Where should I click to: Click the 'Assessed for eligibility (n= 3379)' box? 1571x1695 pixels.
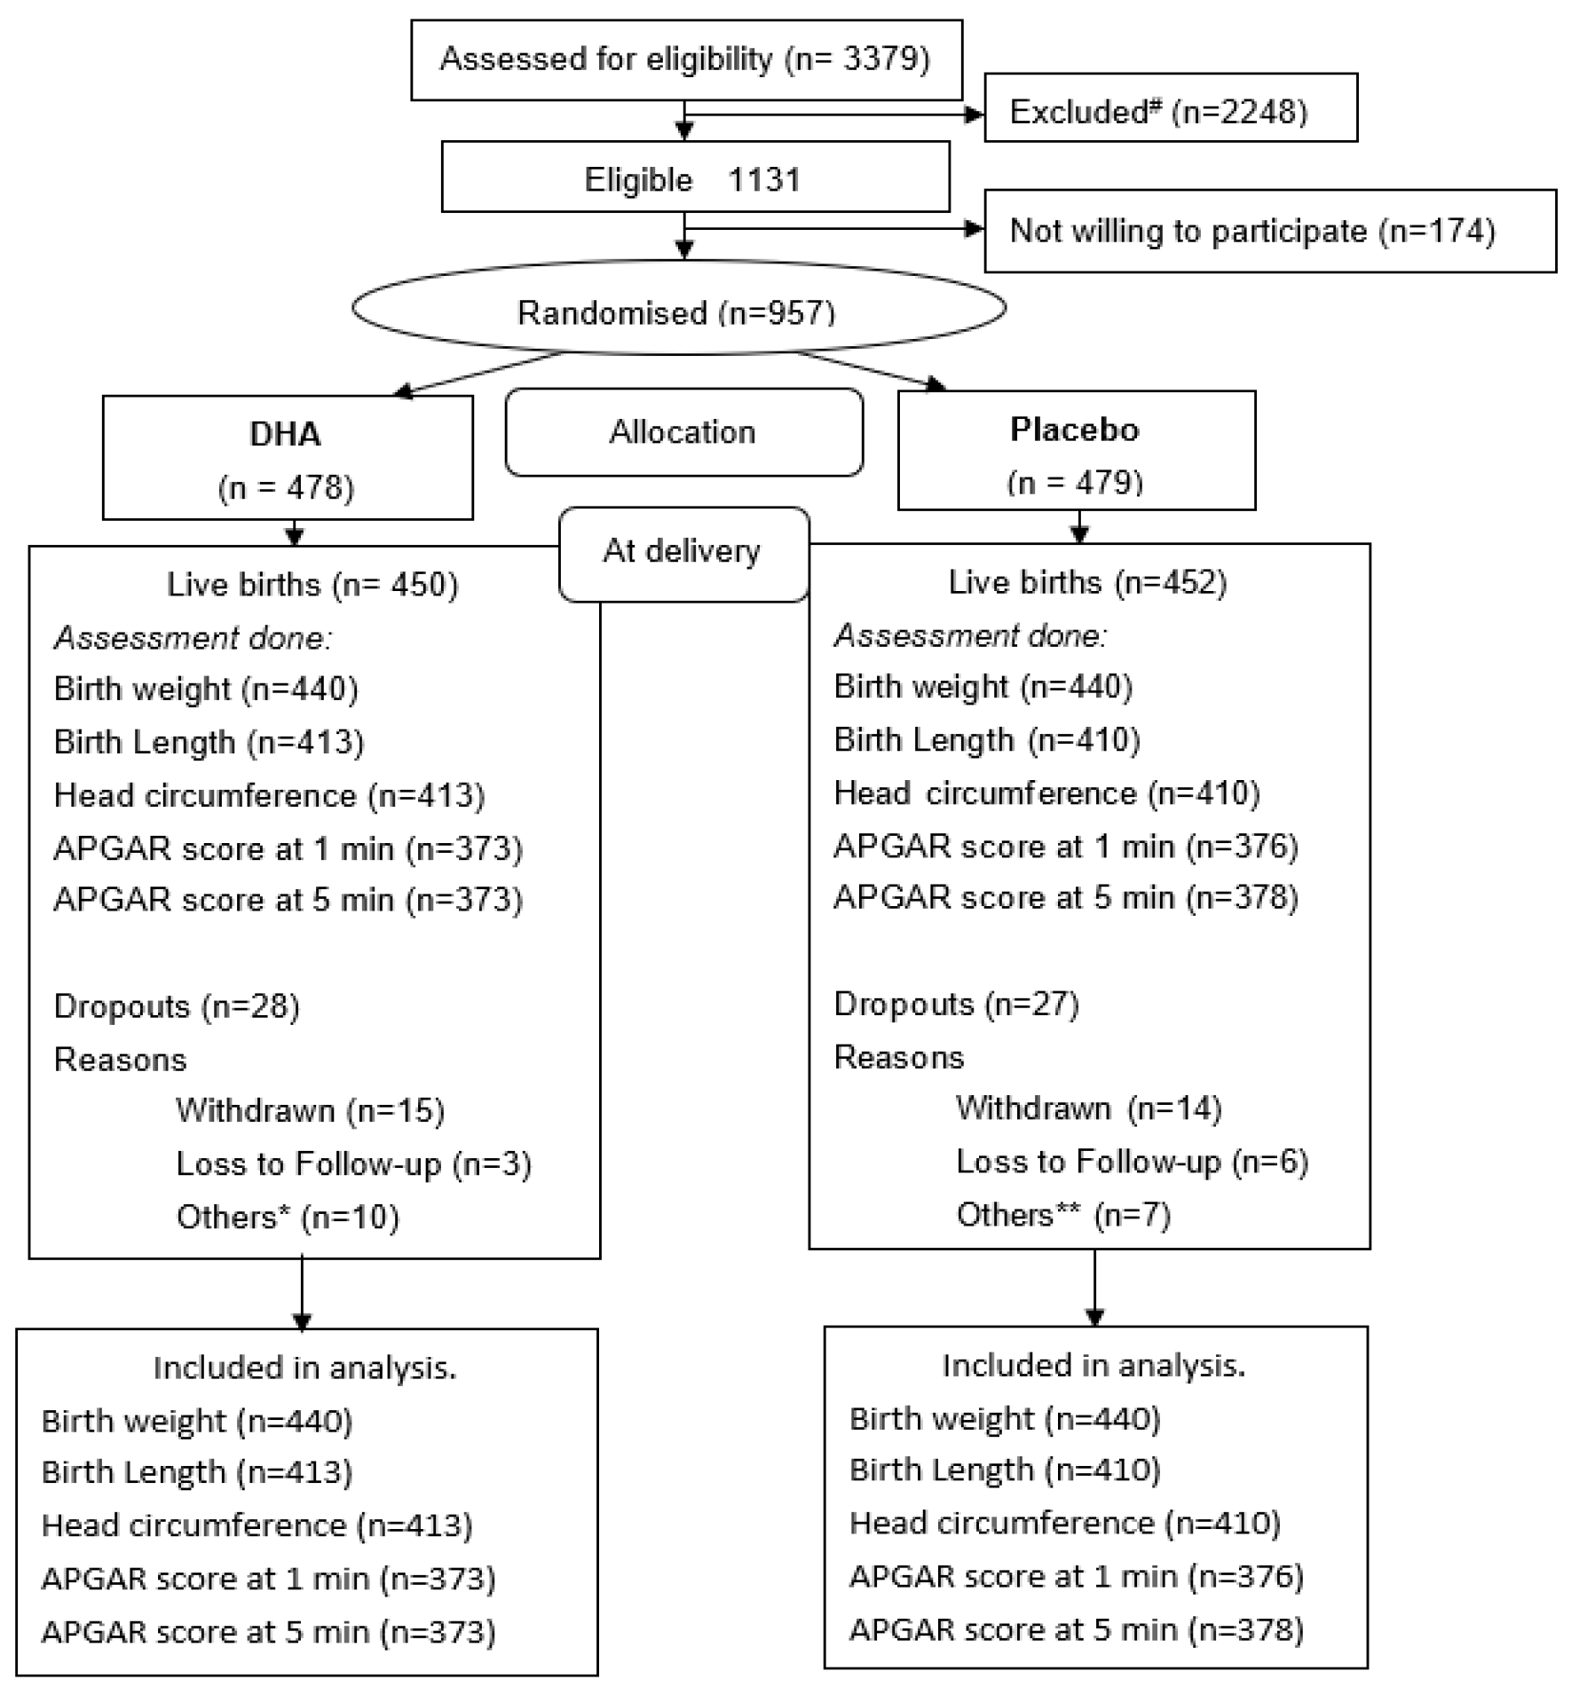click(685, 59)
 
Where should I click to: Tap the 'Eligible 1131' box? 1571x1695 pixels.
click(694, 178)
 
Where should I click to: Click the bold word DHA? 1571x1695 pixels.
click(285, 434)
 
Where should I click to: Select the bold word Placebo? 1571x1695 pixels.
click(1074, 430)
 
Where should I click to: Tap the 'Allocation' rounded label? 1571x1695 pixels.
click(683, 432)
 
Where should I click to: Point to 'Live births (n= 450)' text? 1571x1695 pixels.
click(312, 585)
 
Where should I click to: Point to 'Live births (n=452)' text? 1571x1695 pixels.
click(1087, 582)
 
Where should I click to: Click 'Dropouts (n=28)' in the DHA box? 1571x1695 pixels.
click(177, 1006)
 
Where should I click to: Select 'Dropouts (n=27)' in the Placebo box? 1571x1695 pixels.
click(956, 1004)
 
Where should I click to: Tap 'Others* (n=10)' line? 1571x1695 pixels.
click(288, 1217)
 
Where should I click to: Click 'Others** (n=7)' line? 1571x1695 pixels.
click(1063, 1214)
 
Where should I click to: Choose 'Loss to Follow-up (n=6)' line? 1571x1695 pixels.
click(1132, 1162)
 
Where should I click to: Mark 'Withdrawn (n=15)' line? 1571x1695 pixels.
click(310, 1110)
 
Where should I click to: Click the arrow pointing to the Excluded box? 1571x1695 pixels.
click(973, 114)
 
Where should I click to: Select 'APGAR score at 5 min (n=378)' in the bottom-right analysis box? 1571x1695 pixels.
click(1076, 1630)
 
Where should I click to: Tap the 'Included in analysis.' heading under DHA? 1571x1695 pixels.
click(304, 1368)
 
